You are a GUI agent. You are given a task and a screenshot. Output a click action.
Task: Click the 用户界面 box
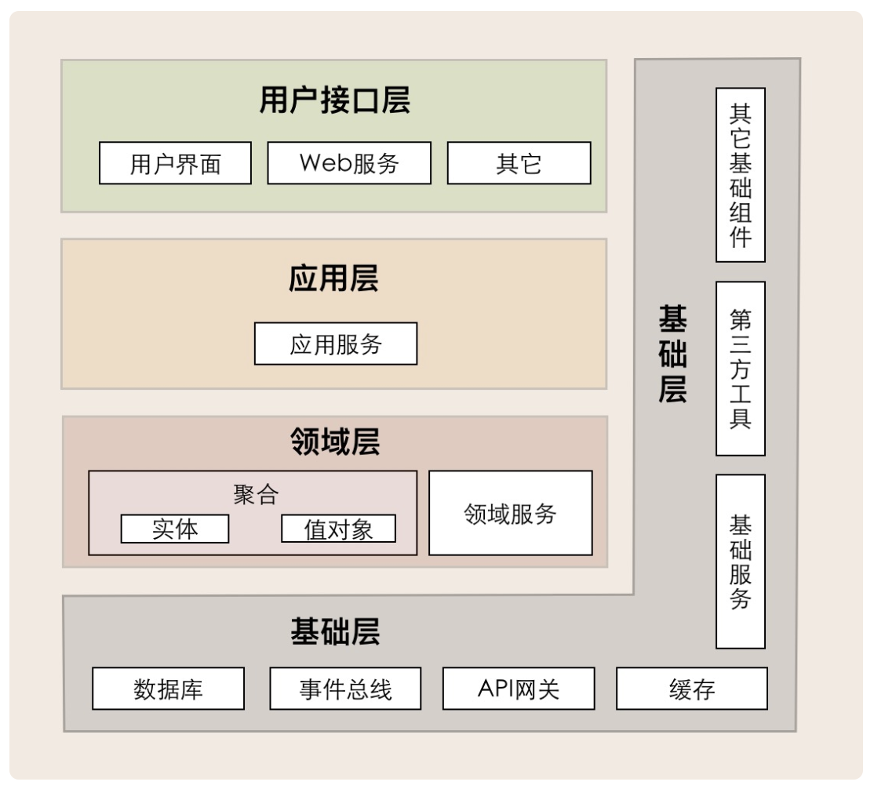tap(175, 162)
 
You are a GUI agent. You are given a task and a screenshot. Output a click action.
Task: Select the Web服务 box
tap(349, 162)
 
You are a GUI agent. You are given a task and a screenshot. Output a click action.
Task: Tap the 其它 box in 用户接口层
tap(519, 162)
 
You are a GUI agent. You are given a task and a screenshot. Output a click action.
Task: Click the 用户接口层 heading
tap(335, 100)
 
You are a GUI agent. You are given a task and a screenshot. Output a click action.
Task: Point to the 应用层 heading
tap(334, 278)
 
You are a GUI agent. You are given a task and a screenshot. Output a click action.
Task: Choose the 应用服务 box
tap(336, 344)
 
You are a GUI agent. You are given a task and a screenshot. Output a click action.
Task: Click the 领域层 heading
tap(335, 442)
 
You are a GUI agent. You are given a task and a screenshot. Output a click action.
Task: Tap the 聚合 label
tap(256, 494)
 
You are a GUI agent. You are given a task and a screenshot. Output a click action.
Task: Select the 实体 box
tap(175, 529)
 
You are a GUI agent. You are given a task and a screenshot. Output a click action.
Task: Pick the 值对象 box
tap(338, 529)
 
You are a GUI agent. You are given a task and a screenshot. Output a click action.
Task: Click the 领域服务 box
tap(511, 513)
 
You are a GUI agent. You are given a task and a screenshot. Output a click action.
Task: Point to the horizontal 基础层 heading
tap(335, 631)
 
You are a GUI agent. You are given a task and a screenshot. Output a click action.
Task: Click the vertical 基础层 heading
tap(672, 354)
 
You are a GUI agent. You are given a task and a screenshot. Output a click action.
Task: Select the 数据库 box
tap(169, 689)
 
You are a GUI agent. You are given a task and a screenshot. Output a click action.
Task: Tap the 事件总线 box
tap(345, 689)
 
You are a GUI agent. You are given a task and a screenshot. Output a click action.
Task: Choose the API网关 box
tap(519, 689)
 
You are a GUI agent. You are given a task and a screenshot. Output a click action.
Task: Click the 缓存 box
tap(692, 689)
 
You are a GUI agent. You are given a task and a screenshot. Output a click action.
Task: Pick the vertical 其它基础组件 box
tap(741, 175)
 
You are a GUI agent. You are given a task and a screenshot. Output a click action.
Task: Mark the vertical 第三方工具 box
tap(741, 369)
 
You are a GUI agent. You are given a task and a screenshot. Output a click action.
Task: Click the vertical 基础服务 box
tap(741, 562)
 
